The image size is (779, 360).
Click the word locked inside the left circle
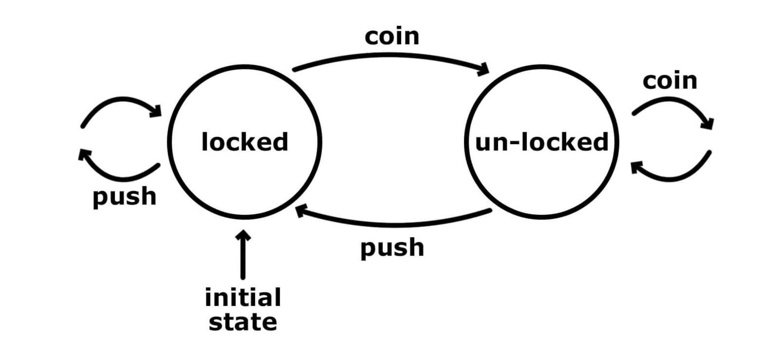click(245, 142)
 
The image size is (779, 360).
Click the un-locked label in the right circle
click(541, 142)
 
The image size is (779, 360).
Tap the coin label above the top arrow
click(392, 37)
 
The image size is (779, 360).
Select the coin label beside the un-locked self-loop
click(670, 81)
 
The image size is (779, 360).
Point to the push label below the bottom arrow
click(392, 248)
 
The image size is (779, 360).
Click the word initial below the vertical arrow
click(243, 298)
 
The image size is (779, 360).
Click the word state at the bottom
click(243, 323)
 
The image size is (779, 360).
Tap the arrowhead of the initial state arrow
click(243, 235)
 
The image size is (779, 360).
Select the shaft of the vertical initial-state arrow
click(243, 259)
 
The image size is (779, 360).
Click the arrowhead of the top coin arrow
click(484, 69)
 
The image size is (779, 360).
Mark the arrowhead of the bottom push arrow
click(301, 211)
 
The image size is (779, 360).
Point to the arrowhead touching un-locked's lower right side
click(636, 168)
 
